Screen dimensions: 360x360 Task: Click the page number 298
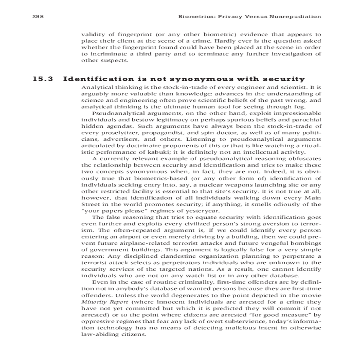pos(38,16)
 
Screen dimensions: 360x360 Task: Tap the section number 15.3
pos(43,79)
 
